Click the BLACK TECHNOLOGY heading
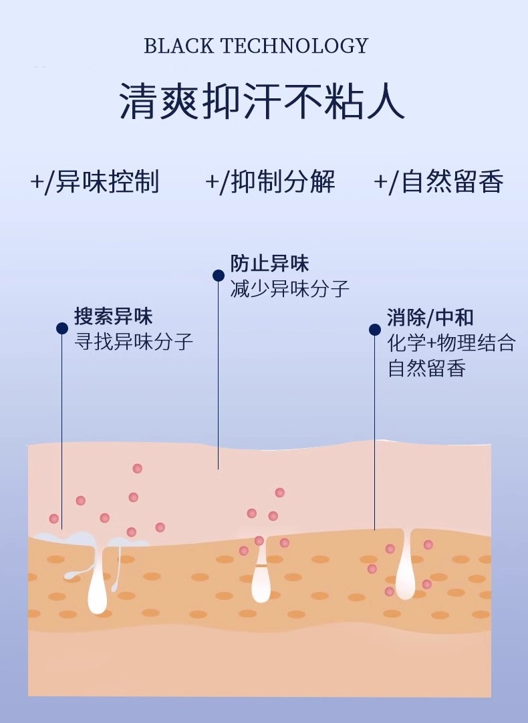[256, 45]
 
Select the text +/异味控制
[95, 182]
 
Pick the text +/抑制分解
[270, 182]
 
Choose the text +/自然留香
[438, 182]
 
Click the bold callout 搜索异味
[113, 316]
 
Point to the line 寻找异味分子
[134, 342]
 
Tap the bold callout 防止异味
[269, 263]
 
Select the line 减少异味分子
[289, 288]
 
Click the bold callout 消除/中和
[430, 317]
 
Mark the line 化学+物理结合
[452, 342]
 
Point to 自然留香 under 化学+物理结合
[426, 368]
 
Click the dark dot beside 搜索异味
[62, 328]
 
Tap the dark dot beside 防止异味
[219, 275]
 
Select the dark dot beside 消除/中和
[375, 329]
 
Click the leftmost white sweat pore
[98, 582]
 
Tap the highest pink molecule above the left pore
[137, 468]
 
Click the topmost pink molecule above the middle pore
[279, 492]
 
